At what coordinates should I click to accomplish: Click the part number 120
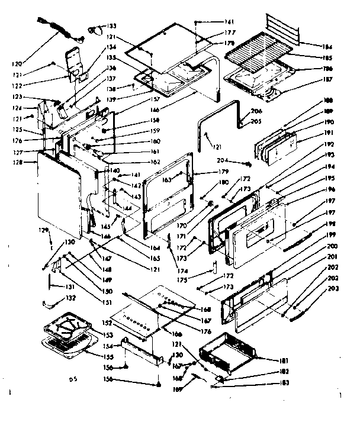(18, 63)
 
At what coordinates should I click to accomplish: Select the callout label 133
(111, 27)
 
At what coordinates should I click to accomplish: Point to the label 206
(257, 111)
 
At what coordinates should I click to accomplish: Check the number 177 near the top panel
(213, 31)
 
